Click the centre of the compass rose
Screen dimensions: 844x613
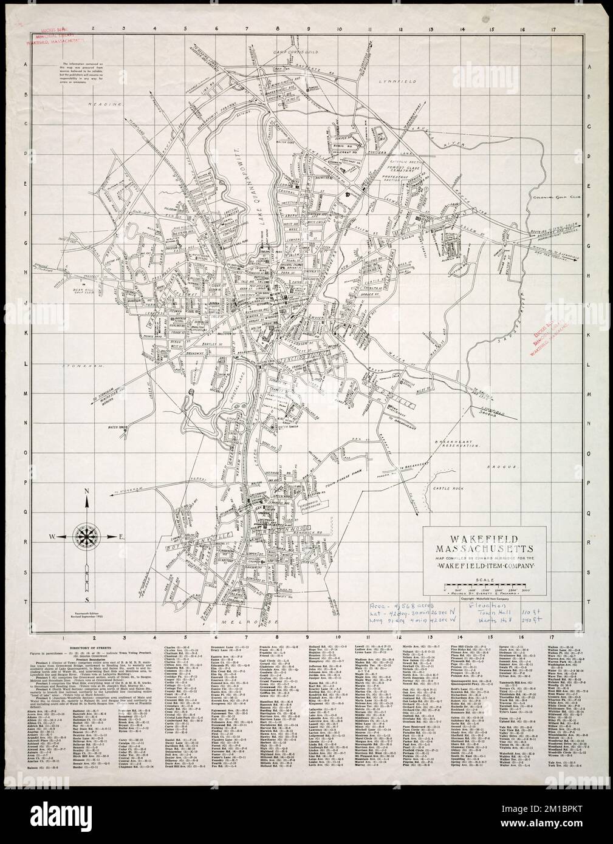tap(87, 536)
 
